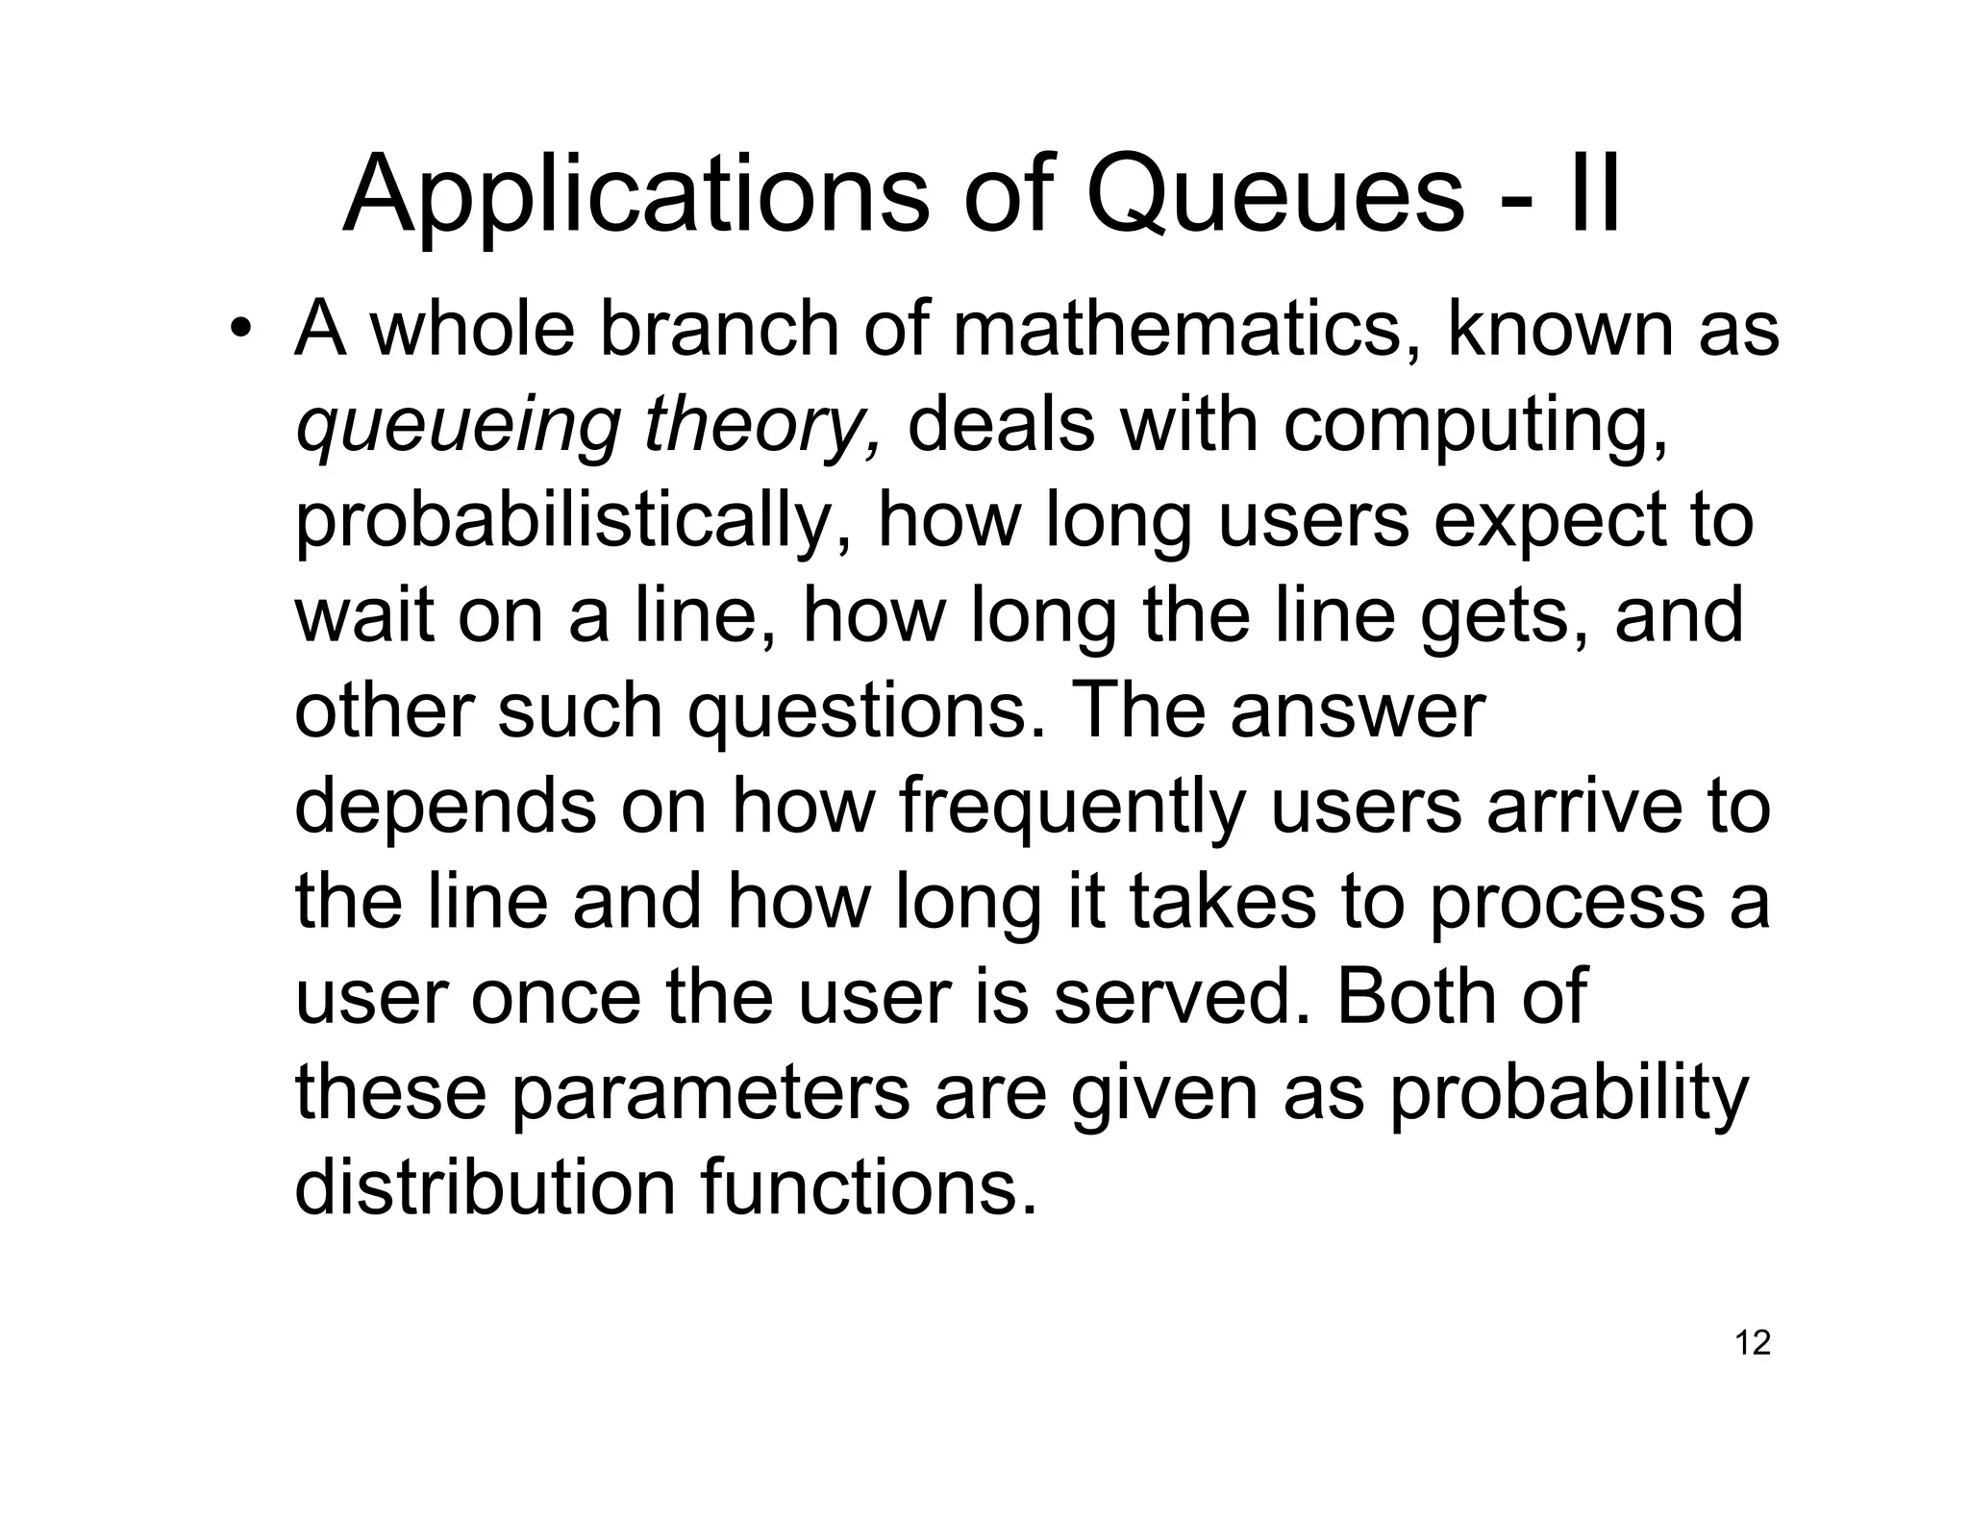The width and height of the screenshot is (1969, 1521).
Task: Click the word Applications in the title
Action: (636, 195)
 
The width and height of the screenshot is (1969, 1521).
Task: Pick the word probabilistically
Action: (572, 521)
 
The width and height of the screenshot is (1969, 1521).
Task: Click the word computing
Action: (1476, 426)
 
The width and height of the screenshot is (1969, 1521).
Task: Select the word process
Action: (1567, 904)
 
